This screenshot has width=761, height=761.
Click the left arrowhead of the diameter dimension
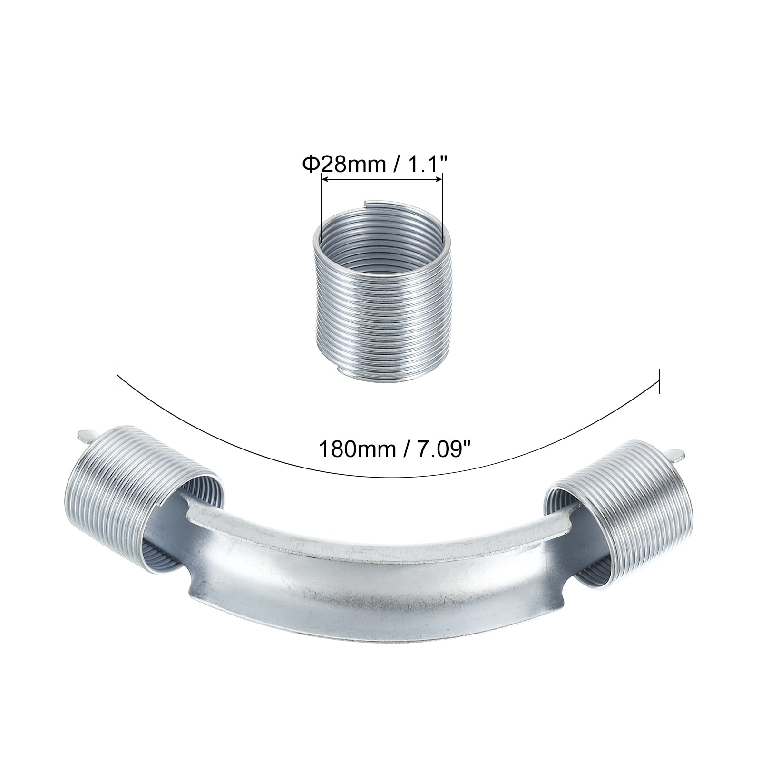click(x=326, y=179)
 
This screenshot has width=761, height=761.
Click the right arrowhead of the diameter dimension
click(x=439, y=179)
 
